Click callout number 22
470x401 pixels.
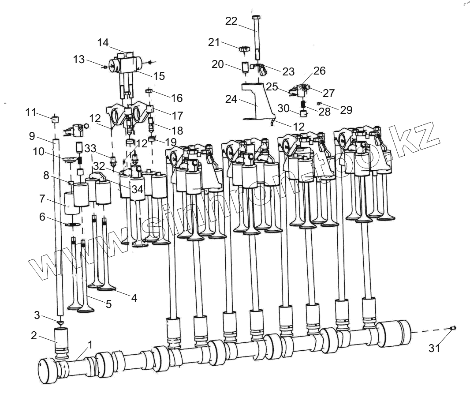231,21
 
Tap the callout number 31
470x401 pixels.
434,348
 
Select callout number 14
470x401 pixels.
103,43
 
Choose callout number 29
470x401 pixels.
347,109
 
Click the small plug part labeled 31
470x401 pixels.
453,328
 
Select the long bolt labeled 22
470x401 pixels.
257,35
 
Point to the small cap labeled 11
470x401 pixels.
55,119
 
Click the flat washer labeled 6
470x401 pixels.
74,225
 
